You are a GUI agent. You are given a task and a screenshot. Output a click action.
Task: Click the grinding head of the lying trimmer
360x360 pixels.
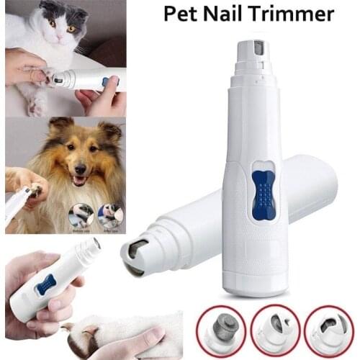135,255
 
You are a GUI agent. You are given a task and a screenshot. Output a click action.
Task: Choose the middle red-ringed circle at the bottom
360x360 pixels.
275,330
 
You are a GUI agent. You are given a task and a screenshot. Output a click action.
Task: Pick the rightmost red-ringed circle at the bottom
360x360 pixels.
329,330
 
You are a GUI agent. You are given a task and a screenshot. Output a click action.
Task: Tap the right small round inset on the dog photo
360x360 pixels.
110,214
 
